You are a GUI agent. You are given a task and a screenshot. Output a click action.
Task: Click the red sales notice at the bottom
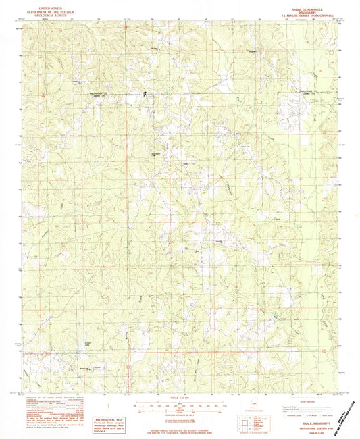click(180, 430)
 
